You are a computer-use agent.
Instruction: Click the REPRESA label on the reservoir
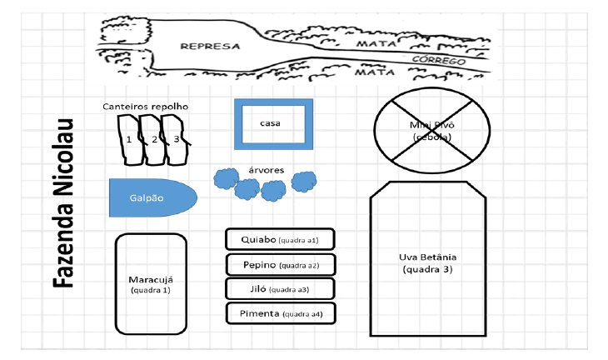(x=210, y=46)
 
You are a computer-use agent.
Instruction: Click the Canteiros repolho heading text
(x=146, y=107)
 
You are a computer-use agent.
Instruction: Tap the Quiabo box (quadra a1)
(x=280, y=239)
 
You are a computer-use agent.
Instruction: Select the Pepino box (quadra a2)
(x=280, y=265)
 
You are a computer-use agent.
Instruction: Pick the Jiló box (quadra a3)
(x=280, y=289)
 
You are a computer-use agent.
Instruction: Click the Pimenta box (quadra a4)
(x=280, y=314)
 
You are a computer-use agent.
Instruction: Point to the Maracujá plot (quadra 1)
(x=150, y=283)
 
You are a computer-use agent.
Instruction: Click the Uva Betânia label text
(x=428, y=257)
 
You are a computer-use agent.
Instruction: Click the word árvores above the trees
(x=267, y=170)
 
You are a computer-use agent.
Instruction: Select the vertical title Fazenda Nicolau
(x=64, y=202)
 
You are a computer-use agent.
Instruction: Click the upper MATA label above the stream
(x=373, y=42)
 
